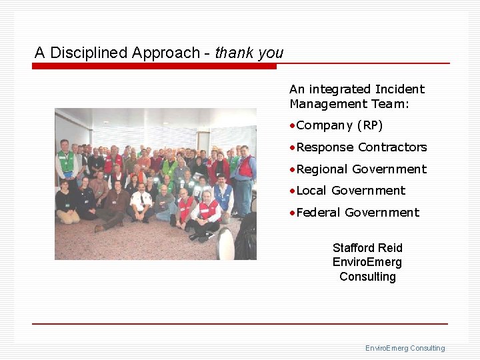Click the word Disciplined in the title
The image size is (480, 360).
click(89, 53)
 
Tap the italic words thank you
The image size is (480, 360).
click(249, 53)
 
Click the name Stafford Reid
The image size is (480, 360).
click(367, 248)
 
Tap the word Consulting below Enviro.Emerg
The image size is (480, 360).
click(367, 277)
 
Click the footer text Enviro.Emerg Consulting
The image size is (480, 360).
click(405, 348)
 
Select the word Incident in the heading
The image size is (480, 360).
click(400, 89)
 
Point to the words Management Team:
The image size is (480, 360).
click(349, 104)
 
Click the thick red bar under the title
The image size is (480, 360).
click(154, 66)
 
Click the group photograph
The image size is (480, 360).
click(155, 183)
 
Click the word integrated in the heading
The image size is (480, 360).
click(340, 89)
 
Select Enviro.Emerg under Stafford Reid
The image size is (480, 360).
click(367, 262)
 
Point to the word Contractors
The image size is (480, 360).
click(393, 147)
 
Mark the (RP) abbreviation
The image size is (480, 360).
click(370, 125)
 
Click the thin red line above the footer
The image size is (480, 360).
click(240, 324)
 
